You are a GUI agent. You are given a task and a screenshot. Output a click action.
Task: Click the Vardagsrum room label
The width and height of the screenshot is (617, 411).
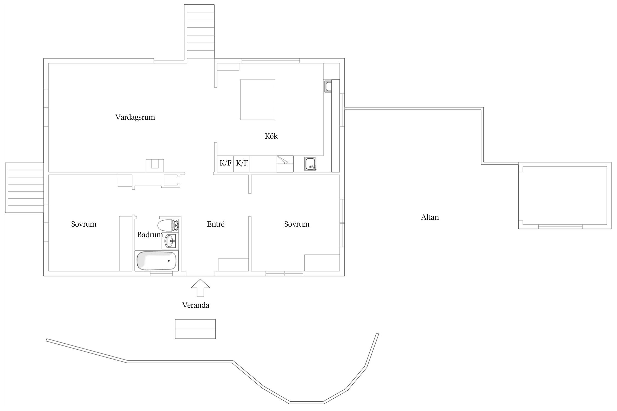(x=135, y=118)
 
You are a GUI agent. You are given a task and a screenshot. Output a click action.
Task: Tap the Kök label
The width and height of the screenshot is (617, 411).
(x=271, y=136)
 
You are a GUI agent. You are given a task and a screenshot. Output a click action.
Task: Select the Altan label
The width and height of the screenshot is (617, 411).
(x=430, y=217)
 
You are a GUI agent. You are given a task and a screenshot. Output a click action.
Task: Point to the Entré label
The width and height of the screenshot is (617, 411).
(x=216, y=224)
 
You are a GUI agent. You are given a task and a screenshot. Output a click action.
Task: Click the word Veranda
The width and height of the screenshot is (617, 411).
(x=196, y=305)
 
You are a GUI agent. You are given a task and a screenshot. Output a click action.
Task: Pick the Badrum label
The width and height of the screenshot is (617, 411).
(x=150, y=235)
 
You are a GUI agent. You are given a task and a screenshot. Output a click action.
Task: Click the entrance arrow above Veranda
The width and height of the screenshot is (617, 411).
(x=200, y=288)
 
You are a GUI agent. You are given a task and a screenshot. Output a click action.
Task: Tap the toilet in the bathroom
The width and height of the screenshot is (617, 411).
(x=168, y=225)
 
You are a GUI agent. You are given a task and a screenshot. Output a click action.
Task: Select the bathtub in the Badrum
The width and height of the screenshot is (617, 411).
(x=157, y=261)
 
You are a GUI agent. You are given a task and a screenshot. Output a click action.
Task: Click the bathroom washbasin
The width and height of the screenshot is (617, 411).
(x=170, y=241)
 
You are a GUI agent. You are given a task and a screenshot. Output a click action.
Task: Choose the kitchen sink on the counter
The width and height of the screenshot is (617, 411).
(x=310, y=164)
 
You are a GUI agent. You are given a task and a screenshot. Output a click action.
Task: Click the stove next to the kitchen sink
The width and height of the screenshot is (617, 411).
(x=285, y=164)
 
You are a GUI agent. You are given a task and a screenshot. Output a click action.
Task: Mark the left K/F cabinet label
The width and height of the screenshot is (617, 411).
(x=225, y=163)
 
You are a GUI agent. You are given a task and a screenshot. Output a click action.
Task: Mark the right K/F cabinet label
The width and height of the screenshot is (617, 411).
(x=242, y=163)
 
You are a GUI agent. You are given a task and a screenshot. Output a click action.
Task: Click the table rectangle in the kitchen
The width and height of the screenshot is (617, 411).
(x=258, y=99)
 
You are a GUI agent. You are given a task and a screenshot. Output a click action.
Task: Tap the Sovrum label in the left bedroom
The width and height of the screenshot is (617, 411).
(x=84, y=224)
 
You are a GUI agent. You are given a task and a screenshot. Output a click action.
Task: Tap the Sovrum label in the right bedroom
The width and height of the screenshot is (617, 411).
(x=297, y=224)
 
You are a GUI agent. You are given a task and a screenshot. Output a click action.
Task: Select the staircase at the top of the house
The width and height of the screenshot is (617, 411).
(x=199, y=32)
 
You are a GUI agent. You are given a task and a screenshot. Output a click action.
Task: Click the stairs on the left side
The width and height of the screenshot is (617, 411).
(x=24, y=188)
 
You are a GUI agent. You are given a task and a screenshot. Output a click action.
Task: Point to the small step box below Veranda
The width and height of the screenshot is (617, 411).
(x=195, y=329)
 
